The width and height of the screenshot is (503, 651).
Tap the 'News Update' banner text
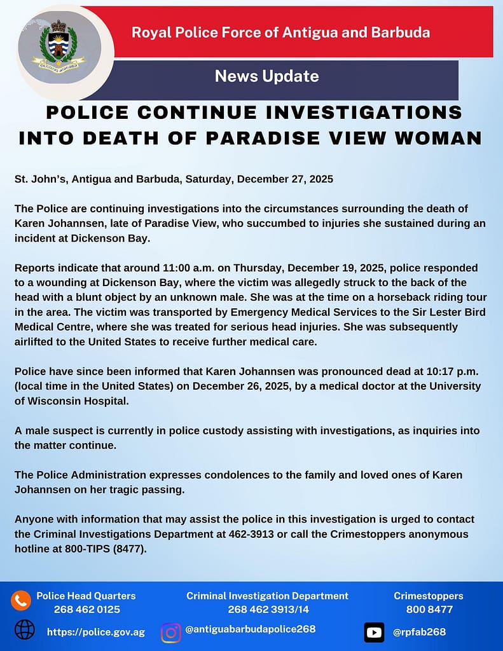pyautogui.click(x=266, y=77)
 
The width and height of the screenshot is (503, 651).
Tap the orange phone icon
pyautogui.click(x=20, y=600)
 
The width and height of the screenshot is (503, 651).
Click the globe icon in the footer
pyautogui.click(x=24, y=629)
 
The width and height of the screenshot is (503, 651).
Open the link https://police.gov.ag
pyautogui.click(x=96, y=633)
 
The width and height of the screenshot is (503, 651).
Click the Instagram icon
pyautogui.click(x=170, y=632)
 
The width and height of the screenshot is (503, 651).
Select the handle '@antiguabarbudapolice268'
pyautogui.click(x=251, y=629)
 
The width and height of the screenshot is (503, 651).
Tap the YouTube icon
pyautogui.click(x=375, y=632)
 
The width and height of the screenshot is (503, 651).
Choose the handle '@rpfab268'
pyautogui.click(x=419, y=632)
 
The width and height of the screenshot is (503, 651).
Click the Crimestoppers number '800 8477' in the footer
pyautogui.click(x=429, y=609)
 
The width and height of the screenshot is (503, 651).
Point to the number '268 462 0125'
pyautogui.click(x=86, y=609)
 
